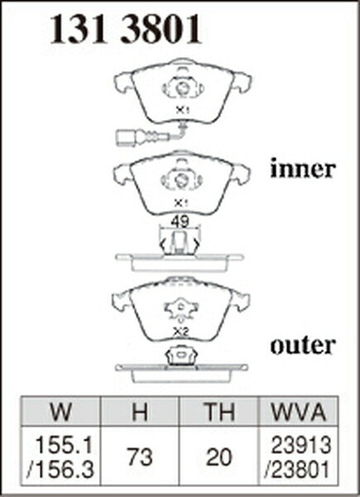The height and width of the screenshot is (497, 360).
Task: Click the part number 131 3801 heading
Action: pyautogui.click(x=126, y=29)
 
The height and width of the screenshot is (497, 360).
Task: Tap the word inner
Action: pyautogui.click(x=302, y=169)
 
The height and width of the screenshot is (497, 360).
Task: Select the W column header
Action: pyautogui.click(x=60, y=412)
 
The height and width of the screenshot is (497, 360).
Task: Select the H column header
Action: pyautogui.click(x=140, y=412)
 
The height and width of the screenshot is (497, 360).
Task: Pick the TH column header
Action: pyautogui.click(x=218, y=412)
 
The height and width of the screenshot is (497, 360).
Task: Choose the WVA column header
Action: pyautogui.click(x=299, y=412)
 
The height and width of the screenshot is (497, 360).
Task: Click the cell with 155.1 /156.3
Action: pyautogui.click(x=60, y=456)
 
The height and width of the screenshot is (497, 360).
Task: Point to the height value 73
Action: pyautogui.click(x=140, y=456)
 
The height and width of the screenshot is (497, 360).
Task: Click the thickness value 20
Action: pyautogui.click(x=218, y=456)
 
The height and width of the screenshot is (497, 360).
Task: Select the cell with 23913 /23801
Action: pyautogui.click(x=299, y=456)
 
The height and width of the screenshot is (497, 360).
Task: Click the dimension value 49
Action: pyautogui.click(x=180, y=222)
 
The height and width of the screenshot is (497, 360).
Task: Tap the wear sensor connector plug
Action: pyautogui.click(x=127, y=138)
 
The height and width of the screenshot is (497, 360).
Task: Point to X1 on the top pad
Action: pyautogui.click(x=182, y=110)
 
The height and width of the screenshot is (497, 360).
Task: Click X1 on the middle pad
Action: pyautogui.click(x=180, y=203)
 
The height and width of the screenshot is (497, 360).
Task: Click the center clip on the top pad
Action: pyautogui.click(x=183, y=88)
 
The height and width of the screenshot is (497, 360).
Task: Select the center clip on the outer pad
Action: pyautogui.click(x=181, y=308)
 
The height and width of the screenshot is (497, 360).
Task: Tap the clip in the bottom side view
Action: pyautogui.click(x=181, y=355)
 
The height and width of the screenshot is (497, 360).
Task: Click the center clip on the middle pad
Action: pyautogui.click(x=181, y=181)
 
